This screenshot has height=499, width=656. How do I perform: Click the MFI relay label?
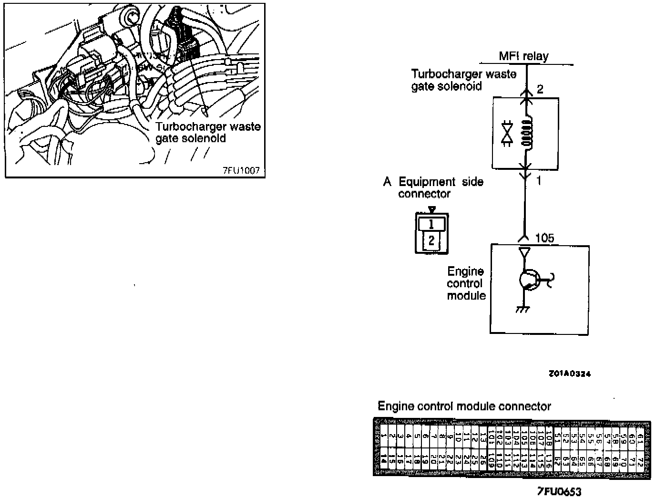(x=523, y=56)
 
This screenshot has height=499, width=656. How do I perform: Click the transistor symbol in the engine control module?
(x=528, y=280)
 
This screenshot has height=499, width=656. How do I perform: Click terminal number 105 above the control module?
(x=545, y=238)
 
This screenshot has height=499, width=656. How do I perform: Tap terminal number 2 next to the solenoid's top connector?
(x=540, y=89)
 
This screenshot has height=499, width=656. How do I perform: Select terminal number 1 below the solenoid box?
(x=539, y=181)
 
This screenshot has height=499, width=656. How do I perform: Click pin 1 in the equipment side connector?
(x=431, y=224)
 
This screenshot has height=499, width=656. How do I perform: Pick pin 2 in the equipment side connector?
(x=431, y=240)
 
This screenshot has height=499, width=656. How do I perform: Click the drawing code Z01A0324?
(x=570, y=374)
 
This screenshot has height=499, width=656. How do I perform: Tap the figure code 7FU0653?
(x=559, y=492)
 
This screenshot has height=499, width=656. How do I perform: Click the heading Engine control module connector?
(x=464, y=406)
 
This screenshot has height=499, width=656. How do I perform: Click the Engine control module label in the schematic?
(x=466, y=283)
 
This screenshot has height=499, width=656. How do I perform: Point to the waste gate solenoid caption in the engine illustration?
(x=208, y=133)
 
